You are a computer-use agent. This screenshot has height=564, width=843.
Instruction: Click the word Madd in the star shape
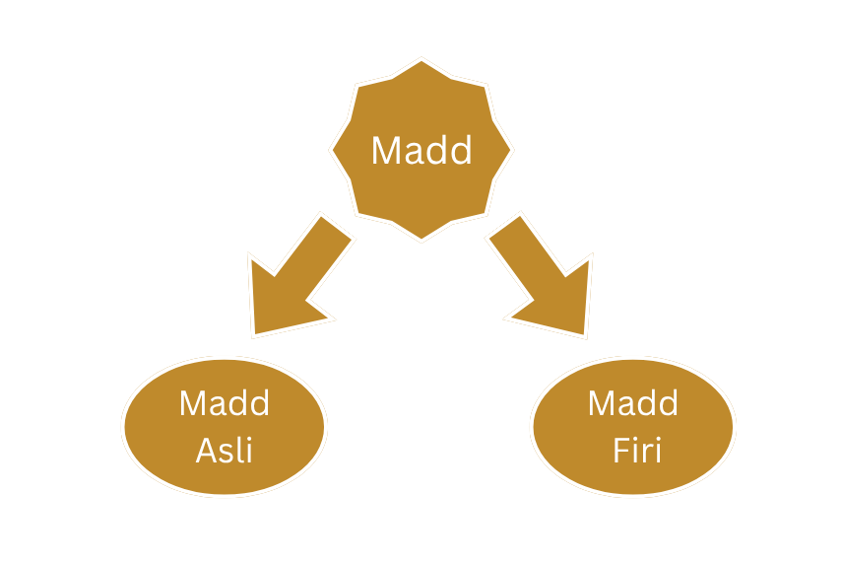pos(421,151)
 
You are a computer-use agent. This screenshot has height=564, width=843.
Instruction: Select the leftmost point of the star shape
pos(333,151)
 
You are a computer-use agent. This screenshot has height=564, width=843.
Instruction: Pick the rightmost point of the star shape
pos(510,151)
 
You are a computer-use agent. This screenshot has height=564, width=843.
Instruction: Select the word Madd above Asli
pos(225,403)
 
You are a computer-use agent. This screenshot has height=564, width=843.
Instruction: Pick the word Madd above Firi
pos(633,403)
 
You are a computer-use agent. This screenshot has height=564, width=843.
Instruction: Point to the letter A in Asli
pos(207,451)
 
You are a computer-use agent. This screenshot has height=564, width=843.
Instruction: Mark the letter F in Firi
pos(619,451)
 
